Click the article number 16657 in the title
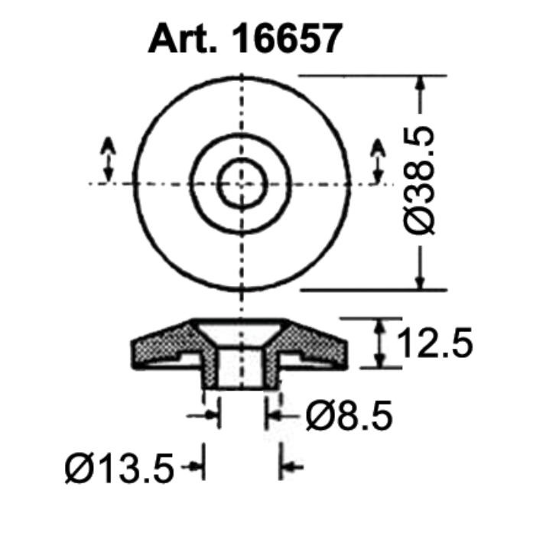[x=288, y=37]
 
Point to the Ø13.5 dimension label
[x=120, y=466]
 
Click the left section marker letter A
[x=108, y=144]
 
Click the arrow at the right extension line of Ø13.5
[x=291, y=466]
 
